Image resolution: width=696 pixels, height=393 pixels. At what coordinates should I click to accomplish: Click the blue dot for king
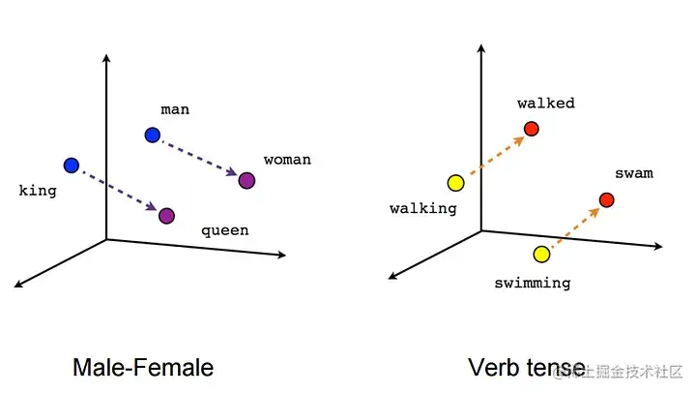(71, 166)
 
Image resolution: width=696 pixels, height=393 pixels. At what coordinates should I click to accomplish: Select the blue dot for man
(152, 135)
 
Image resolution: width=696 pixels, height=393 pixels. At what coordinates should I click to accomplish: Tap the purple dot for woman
(246, 180)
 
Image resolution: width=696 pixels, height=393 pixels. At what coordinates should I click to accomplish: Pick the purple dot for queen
(167, 215)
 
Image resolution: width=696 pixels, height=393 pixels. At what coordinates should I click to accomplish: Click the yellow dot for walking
(455, 183)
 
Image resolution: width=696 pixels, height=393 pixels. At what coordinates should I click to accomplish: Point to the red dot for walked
(531, 129)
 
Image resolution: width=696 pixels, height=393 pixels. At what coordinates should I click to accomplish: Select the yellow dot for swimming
(541, 255)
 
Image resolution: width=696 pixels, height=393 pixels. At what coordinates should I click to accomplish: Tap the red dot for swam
(606, 200)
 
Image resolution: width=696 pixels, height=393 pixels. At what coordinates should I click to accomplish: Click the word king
(38, 191)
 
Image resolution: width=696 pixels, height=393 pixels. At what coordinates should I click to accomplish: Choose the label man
(175, 109)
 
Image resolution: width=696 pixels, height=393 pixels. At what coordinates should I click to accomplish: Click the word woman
(287, 159)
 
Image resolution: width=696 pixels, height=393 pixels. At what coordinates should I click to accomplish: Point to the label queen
(224, 230)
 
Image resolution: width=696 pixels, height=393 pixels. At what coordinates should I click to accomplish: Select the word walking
(422, 208)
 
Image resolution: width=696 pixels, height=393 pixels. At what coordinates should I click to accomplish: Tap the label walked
(545, 103)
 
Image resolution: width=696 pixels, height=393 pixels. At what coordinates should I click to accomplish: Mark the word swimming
(532, 284)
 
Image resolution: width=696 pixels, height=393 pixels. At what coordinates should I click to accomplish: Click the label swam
(633, 174)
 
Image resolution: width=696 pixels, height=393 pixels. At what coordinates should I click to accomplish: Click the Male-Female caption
(143, 368)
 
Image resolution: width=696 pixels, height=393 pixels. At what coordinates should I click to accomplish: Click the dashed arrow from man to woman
(199, 158)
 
